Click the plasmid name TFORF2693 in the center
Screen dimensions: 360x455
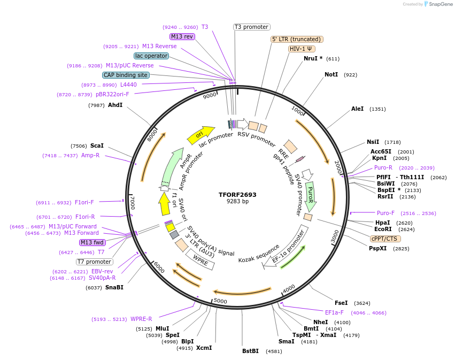click(237, 195)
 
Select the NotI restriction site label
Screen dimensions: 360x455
click(331, 74)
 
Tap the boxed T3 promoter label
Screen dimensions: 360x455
click(252, 27)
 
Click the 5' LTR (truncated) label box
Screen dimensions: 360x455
click(297, 39)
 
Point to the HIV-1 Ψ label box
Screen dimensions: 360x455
click(301, 49)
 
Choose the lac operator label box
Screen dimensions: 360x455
click(151, 56)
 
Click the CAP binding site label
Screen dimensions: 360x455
click(126, 75)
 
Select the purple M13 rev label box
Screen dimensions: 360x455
click(182, 36)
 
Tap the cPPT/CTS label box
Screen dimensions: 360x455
click(385, 238)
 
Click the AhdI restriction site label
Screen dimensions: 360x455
click(115, 105)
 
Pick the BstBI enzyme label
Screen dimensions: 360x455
click(250, 351)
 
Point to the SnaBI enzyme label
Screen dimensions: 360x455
click(114, 287)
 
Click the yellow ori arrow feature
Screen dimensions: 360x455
click(200, 135)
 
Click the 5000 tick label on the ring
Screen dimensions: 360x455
click(220, 301)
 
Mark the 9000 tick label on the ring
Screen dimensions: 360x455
click(210, 95)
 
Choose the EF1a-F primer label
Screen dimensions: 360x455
click(335, 312)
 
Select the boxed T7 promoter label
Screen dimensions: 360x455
click(95, 262)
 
